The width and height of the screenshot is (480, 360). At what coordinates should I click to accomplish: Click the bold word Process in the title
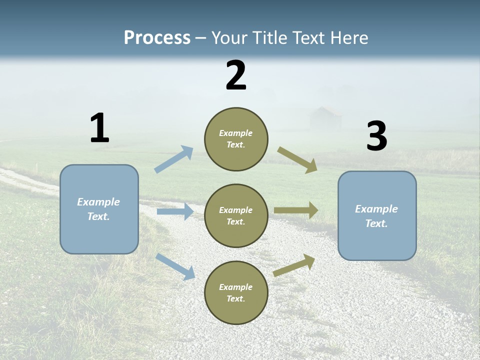157,38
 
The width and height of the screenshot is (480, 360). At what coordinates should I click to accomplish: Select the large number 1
99,128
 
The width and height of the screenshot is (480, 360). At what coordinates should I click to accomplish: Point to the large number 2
236,75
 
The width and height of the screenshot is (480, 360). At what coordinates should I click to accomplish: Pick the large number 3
376,136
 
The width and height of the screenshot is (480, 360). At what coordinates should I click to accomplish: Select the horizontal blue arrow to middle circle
175,211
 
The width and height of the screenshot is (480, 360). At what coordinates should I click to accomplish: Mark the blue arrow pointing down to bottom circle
175,266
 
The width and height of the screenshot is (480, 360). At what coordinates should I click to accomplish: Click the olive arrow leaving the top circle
297,160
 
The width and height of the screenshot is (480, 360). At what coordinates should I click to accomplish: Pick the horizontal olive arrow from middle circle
296,210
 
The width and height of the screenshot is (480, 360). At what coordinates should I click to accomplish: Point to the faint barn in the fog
325,119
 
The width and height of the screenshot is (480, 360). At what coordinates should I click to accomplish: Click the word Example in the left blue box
98,202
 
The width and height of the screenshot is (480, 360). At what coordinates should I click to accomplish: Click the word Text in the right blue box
376,223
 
